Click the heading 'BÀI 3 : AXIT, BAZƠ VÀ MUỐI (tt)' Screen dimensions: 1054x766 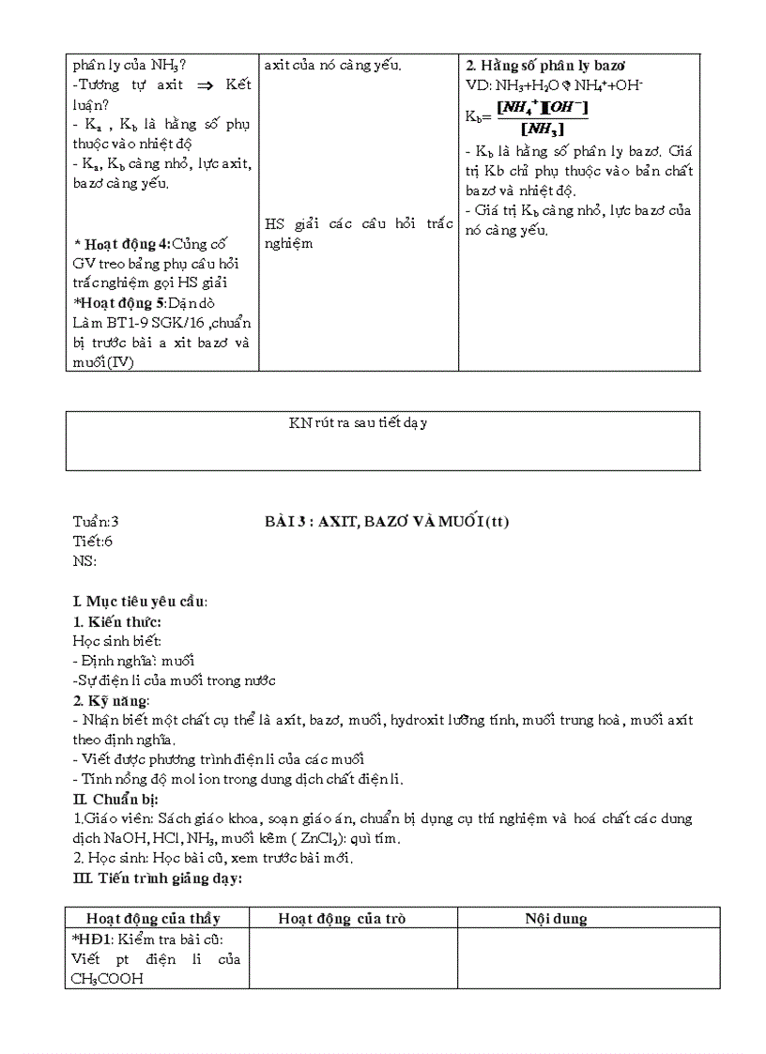click(x=387, y=522)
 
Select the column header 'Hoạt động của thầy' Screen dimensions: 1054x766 click(x=153, y=919)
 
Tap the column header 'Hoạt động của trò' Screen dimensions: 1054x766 click(x=342, y=919)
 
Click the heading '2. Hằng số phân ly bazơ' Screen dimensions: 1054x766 click(x=546, y=66)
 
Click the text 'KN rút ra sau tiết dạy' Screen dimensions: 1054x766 click(x=358, y=423)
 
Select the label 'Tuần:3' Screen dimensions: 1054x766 click(x=96, y=522)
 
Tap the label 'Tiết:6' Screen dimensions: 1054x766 click(x=93, y=542)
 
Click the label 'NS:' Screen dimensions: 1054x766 click(x=84, y=561)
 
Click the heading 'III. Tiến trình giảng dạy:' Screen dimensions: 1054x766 click(x=157, y=878)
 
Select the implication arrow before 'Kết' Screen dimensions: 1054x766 click(x=199, y=85)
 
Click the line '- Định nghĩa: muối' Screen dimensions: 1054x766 click(x=133, y=661)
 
